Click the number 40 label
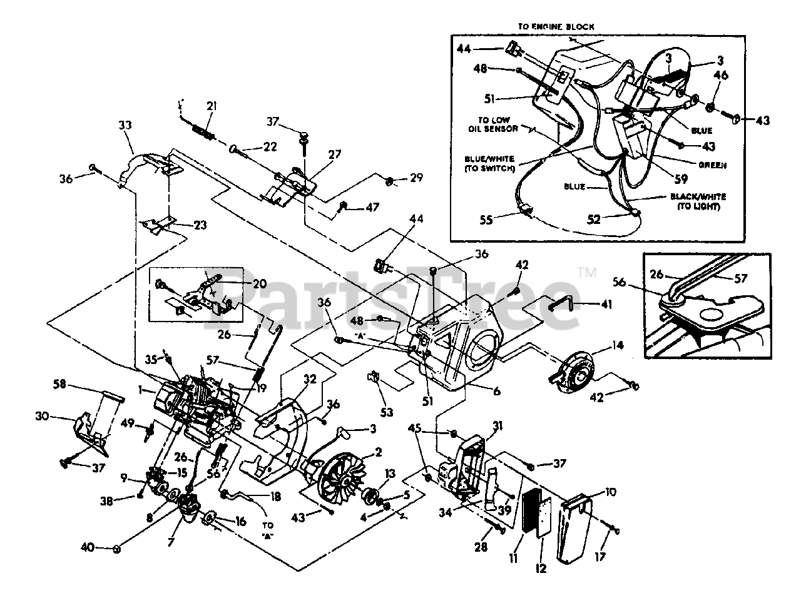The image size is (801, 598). [88, 548]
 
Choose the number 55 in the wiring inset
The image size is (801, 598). [486, 220]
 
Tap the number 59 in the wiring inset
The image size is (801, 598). [681, 178]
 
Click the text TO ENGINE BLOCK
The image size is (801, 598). [556, 27]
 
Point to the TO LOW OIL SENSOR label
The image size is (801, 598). [494, 124]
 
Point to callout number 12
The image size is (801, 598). [540, 569]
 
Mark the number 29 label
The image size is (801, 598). [416, 178]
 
